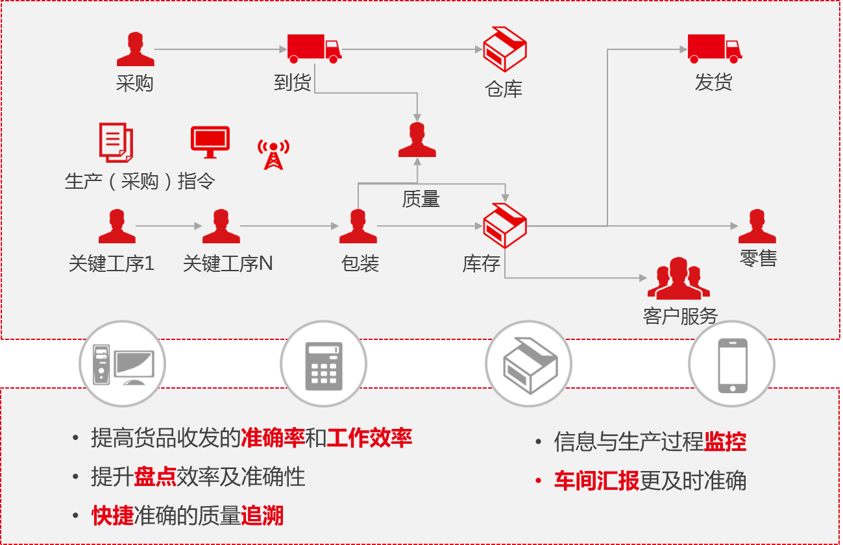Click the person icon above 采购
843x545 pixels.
pyautogui.click(x=135, y=49)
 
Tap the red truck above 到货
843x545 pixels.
pyautogui.click(x=314, y=48)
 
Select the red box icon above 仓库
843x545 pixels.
pyautogui.click(x=505, y=49)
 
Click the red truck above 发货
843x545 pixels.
pyautogui.click(x=714, y=48)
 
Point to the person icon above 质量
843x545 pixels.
pyautogui.click(x=417, y=140)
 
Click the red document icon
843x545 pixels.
pyautogui.click(x=116, y=142)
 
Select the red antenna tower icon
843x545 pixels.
pyautogui.click(x=273, y=154)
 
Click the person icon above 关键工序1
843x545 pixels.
pyautogui.click(x=117, y=226)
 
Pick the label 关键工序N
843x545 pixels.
pyautogui.click(x=228, y=263)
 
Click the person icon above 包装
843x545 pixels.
pyautogui.click(x=358, y=226)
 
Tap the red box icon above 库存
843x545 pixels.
pyautogui.click(x=505, y=225)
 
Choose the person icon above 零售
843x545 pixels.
pyautogui.click(x=757, y=226)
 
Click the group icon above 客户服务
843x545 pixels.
pyautogui.click(x=679, y=278)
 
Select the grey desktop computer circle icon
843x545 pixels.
pyautogui.click(x=123, y=364)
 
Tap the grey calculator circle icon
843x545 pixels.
pyautogui.click(x=323, y=364)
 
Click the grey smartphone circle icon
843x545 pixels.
pyautogui.click(x=732, y=364)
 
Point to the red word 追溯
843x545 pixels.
pyautogui.click(x=262, y=516)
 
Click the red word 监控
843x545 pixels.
pyautogui.click(x=725, y=442)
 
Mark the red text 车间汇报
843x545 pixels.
pyautogui.click(x=596, y=481)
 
